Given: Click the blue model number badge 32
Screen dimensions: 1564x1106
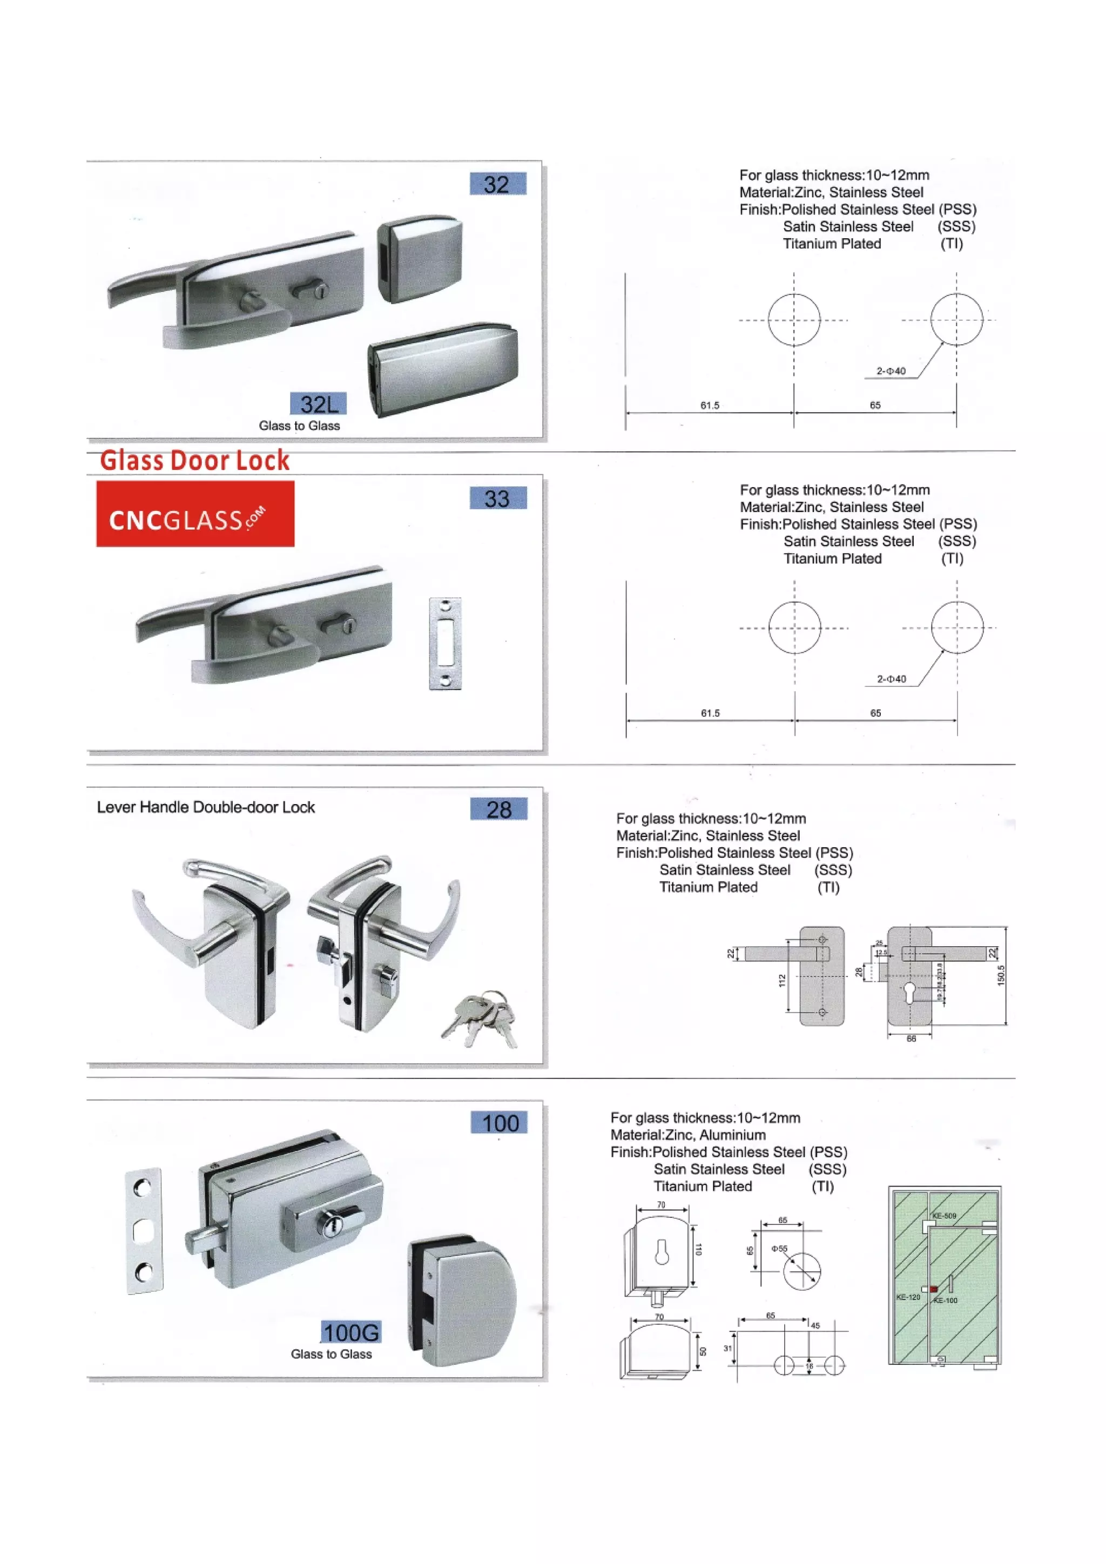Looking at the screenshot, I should pyautogui.click(x=498, y=184).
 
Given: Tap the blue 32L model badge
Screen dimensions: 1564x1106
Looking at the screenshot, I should pyautogui.click(x=318, y=404).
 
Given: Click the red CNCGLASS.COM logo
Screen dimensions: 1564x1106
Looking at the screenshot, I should pyautogui.click(x=195, y=514).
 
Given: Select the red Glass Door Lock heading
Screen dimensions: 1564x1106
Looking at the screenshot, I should pyautogui.click(x=195, y=461).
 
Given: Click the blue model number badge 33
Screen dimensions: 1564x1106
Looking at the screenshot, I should pyautogui.click(x=498, y=498).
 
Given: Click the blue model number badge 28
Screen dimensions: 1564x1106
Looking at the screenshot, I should pyautogui.click(x=498, y=809).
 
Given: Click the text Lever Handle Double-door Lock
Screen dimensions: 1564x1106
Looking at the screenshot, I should pyautogui.click(x=206, y=807).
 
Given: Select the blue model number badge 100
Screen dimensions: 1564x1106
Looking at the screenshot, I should pyautogui.click(x=499, y=1123).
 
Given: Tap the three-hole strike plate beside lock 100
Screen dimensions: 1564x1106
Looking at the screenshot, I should pyautogui.click(x=144, y=1231).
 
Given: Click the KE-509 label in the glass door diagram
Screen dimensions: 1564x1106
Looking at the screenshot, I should pyautogui.click(x=945, y=1216).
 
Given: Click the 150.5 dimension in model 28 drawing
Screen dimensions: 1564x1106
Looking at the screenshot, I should pyautogui.click(x=1001, y=975).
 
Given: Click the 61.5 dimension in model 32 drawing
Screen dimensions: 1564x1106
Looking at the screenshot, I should pyautogui.click(x=710, y=405).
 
